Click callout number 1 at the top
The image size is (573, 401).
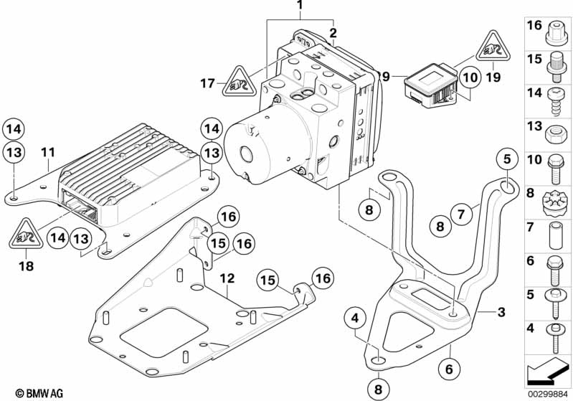tap(300, 9)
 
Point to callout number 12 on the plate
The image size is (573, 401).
tap(227, 276)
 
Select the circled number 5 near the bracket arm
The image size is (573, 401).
tap(506, 159)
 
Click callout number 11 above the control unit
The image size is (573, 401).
tap(47, 152)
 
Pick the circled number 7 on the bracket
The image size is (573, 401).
tap(460, 212)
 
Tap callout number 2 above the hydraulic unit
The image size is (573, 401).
tap(333, 32)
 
